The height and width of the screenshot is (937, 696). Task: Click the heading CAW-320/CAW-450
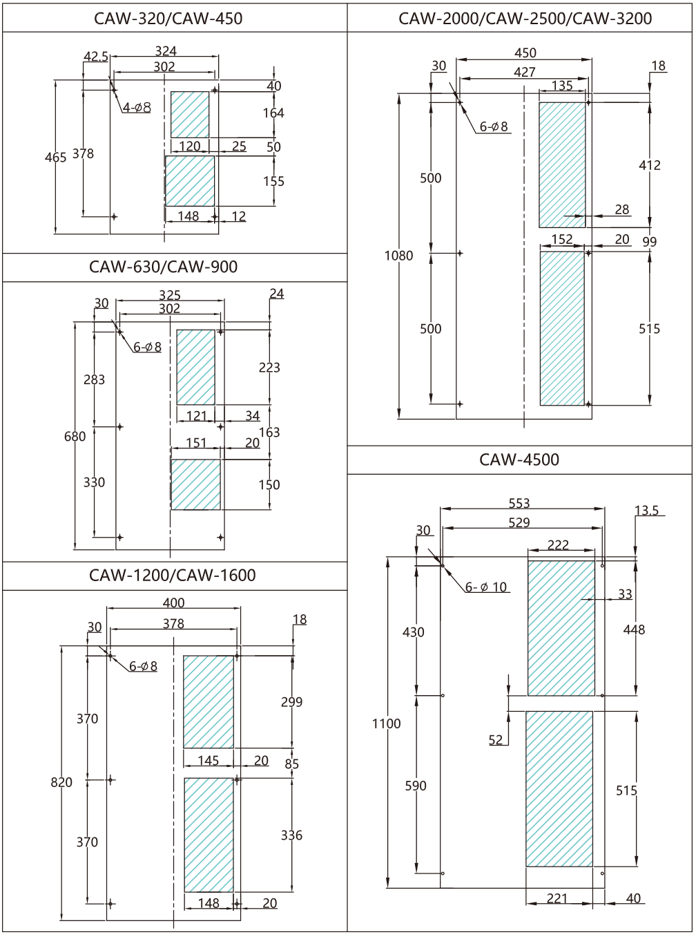(x=168, y=19)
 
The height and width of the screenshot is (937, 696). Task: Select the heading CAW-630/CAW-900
(x=163, y=267)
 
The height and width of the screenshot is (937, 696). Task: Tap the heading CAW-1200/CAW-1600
(x=172, y=576)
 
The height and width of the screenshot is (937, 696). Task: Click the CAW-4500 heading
(x=519, y=460)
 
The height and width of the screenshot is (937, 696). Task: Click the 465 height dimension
(x=55, y=158)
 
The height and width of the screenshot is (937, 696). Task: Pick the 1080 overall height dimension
(x=398, y=256)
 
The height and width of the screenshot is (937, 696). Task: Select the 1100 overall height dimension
(x=386, y=723)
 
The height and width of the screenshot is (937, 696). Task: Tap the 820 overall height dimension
(x=61, y=782)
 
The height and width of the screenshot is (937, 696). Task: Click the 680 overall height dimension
(x=75, y=437)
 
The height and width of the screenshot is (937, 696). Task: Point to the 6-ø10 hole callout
(x=486, y=587)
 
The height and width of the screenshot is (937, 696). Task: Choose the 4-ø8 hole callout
(x=137, y=108)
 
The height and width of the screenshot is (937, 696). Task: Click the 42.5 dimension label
(x=96, y=57)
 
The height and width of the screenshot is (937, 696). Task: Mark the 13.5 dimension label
(x=647, y=511)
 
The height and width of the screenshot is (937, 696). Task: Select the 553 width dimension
(x=519, y=504)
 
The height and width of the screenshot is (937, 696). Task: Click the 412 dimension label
(x=649, y=165)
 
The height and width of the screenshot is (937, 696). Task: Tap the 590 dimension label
(x=416, y=786)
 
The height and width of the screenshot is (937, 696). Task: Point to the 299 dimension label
(x=291, y=702)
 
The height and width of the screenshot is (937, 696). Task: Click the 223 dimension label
(x=269, y=368)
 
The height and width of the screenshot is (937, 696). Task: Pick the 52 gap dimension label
(x=496, y=740)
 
